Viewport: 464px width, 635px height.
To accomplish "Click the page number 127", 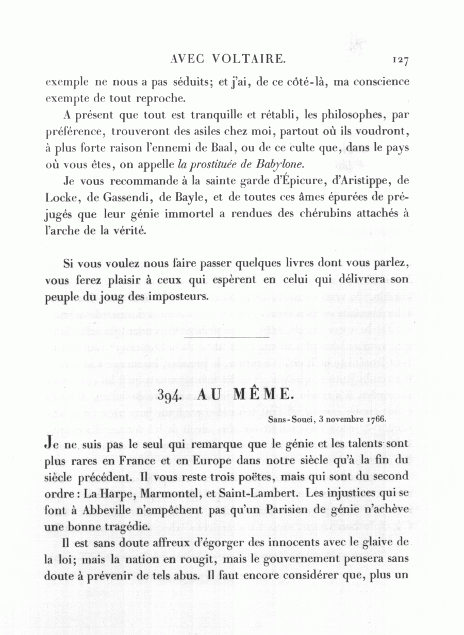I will [x=400, y=60].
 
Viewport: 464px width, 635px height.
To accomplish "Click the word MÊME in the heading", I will [x=260, y=395].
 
